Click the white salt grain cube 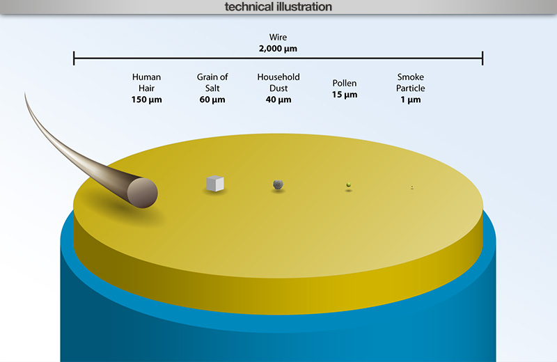click(x=215, y=183)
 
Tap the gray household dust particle click(x=278, y=184)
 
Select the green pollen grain click(x=349, y=184)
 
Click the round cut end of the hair click(x=143, y=193)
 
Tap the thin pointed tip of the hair click(x=25, y=93)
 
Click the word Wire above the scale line click(x=278, y=37)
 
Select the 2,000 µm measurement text click(x=278, y=49)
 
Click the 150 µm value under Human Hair click(x=147, y=100)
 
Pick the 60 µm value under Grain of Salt click(x=212, y=100)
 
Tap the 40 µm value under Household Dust click(x=278, y=100)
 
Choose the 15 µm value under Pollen click(x=345, y=95)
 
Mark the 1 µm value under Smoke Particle click(x=411, y=100)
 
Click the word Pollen click(x=345, y=83)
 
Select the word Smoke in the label click(x=411, y=77)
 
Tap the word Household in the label click(x=278, y=77)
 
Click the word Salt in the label click(x=212, y=88)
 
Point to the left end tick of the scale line click(x=74, y=58)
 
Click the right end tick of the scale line click(x=483, y=58)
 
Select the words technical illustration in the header click(x=278, y=7)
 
